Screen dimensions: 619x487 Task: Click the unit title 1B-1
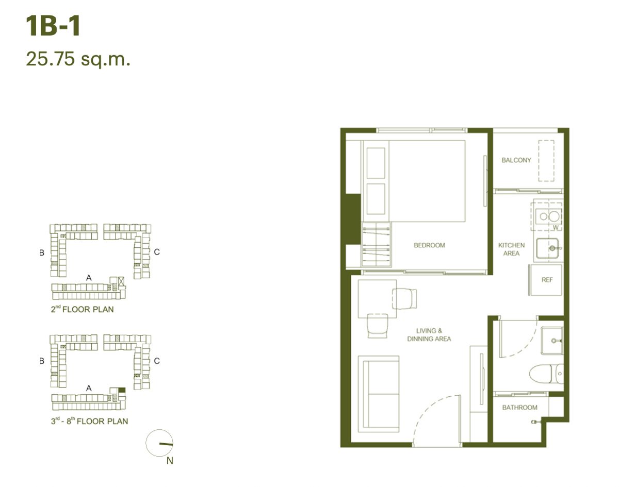tap(53, 26)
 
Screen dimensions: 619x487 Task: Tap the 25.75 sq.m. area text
tap(78, 59)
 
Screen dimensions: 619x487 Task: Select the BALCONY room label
tap(516, 160)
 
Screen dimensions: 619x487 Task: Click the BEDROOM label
tap(429, 245)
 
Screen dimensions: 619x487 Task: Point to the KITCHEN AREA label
tap(511, 249)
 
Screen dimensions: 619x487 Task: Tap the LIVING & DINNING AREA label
tap(429, 334)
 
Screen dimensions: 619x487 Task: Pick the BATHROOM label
tap(519, 407)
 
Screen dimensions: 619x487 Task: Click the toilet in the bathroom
tap(546, 374)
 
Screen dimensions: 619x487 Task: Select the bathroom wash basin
tap(552, 341)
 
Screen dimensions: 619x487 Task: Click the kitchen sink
tap(547, 248)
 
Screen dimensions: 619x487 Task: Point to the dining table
tap(377, 299)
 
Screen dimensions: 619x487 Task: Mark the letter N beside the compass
tap(170, 461)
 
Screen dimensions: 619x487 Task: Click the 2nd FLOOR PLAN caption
tap(82, 309)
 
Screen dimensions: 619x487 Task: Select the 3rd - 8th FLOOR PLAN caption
tap(89, 421)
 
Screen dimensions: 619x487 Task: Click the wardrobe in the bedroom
tap(377, 244)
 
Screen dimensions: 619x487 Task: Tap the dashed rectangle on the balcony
tap(546, 161)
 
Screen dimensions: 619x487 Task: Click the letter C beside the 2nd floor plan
tap(157, 252)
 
